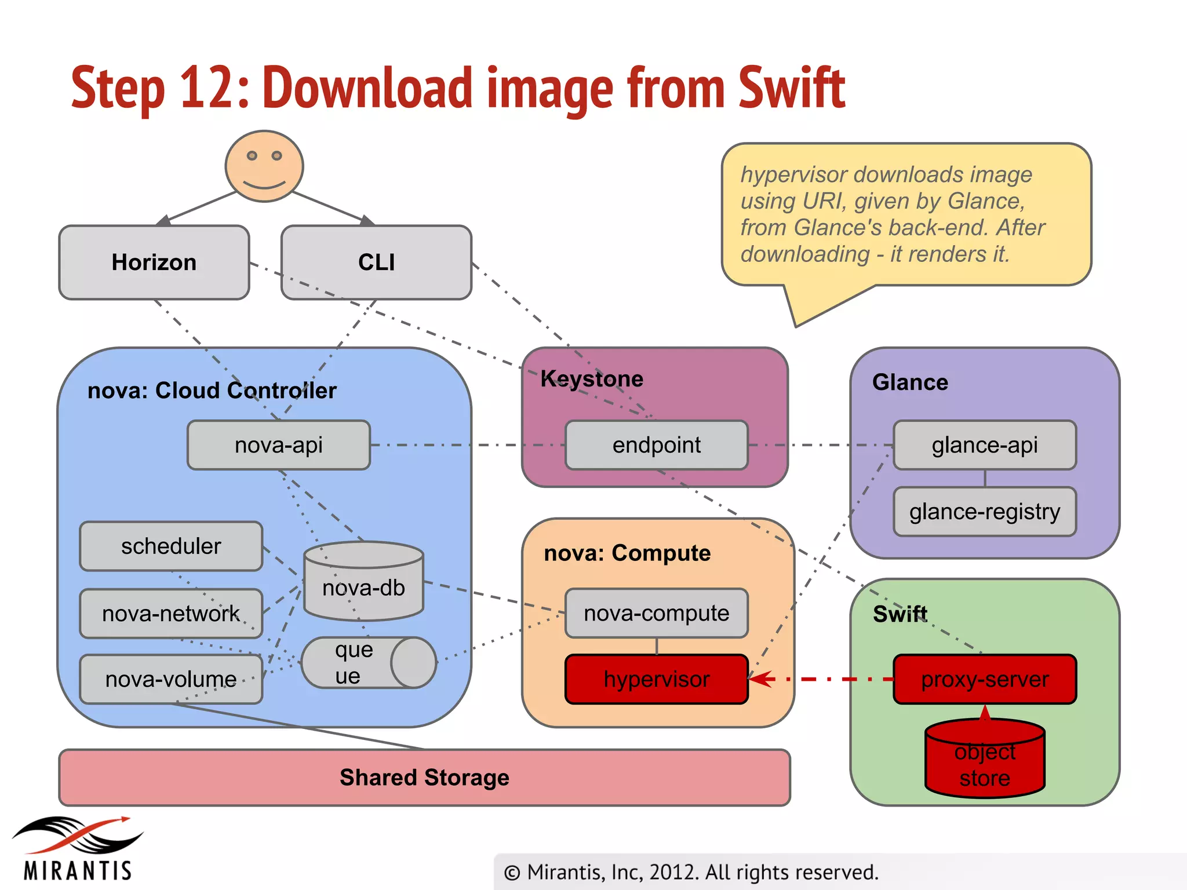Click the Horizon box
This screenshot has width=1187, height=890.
coord(154,262)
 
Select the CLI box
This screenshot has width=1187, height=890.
coord(376,262)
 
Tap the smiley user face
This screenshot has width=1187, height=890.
coord(264,166)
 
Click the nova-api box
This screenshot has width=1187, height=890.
coord(279,445)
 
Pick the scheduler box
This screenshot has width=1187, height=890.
coord(171,546)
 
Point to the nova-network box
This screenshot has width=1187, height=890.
coord(171,614)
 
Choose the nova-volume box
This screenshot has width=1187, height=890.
coord(171,679)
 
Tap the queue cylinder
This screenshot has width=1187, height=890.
coord(369,663)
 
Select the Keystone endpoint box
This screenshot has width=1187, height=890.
coord(657,445)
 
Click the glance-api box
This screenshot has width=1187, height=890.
coord(985,445)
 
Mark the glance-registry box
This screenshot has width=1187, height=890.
coord(985,512)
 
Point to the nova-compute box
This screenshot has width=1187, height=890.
coord(657,613)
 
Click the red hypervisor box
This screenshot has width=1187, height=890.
coord(657,679)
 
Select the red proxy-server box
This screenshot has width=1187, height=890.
coord(985,679)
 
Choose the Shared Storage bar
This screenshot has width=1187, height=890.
coord(424,778)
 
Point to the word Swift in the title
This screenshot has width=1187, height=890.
coord(792,88)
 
